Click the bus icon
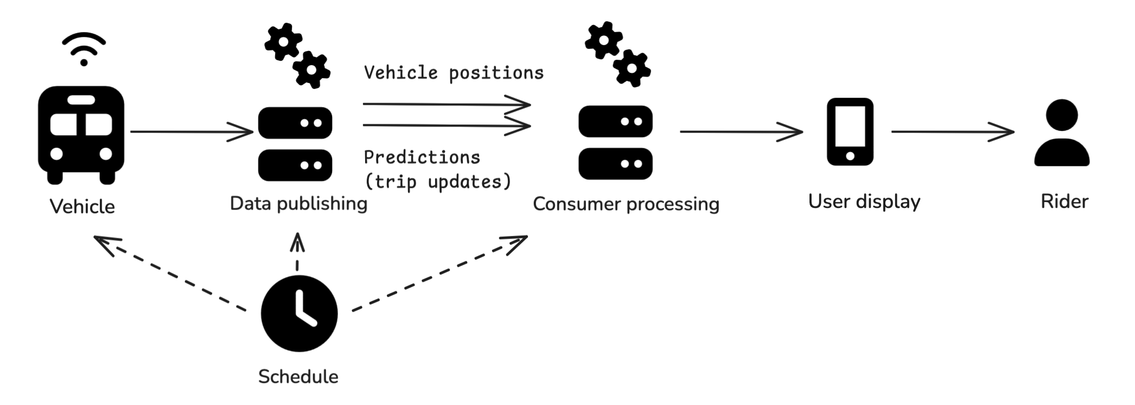(x=81, y=134)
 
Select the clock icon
(x=299, y=313)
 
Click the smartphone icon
(x=850, y=132)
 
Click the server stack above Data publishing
(x=295, y=144)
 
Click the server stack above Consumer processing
(x=615, y=142)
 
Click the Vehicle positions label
(x=454, y=73)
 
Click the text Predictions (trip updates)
(x=437, y=169)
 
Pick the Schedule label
(x=298, y=376)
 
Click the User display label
(x=864, y=201)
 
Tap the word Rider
(x=1064, y=201)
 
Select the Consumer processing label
(x=626, y=204)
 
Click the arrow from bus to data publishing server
(x=191, y=131)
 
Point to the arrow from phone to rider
(x=952, y=131)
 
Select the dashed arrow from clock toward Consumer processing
(x=439, y=274)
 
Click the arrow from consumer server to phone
(x=741, y=131)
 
